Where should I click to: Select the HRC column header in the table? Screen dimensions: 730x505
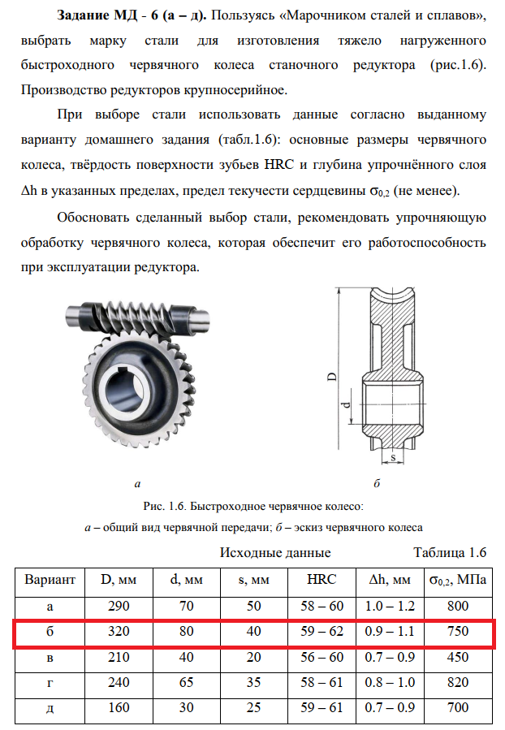click(x=317, y=580)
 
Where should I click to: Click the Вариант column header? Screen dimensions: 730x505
click(x=50, y=580)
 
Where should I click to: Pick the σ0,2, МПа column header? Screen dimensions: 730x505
click(x=457, y=580)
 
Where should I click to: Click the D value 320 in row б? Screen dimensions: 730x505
click(x=119, y=631)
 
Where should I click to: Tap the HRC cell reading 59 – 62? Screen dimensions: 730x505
click(x=317, y=631)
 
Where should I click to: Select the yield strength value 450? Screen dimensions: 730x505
click(x=458, y=657)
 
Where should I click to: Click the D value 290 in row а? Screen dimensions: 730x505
click(x=119, y=606)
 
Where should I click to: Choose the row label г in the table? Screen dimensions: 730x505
click(x=50, y=683)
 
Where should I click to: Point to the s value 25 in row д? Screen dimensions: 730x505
click(x=253, y=708)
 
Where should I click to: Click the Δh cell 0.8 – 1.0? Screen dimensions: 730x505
click(x=391, y=683)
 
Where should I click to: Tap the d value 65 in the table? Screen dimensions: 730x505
click(x=187, y=683)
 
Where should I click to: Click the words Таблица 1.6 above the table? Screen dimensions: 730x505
click(x=449, y=553)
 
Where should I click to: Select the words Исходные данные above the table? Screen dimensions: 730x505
click(x=275, y=553)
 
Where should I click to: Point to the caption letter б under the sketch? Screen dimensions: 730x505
click(x=376, y=483)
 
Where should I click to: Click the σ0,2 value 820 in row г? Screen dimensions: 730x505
click(x=458, y=683)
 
